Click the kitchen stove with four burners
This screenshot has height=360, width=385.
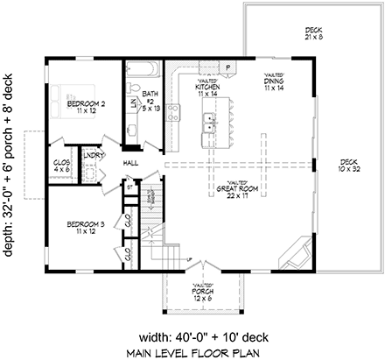coord(173,110)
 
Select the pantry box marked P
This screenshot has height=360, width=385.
coord(227,67)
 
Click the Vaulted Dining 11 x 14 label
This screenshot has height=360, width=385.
coord(273,84)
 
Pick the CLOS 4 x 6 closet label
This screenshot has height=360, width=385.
coord(63,166)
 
